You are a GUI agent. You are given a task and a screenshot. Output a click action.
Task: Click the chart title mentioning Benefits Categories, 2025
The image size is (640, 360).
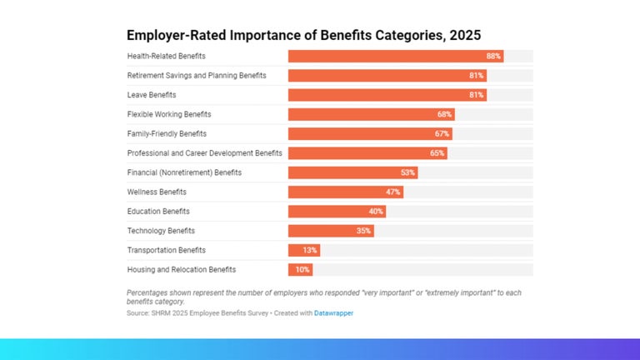tap(303, 35)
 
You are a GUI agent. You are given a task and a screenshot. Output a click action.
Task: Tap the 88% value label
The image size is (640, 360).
tap(493, 56)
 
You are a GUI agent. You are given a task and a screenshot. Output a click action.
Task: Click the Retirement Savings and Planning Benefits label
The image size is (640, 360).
tap(197, 76)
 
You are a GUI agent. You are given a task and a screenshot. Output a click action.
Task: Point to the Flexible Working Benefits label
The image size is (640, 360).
tap(169, 114)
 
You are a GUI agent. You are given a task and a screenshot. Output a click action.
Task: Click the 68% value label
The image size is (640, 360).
tap(445, 114)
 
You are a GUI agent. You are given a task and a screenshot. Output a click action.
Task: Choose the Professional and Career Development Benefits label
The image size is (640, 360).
tap(204, 153)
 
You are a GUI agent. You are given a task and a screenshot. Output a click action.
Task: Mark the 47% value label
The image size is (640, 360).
tap(393, 192)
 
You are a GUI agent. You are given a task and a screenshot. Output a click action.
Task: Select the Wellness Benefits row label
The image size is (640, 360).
tap(157, 192)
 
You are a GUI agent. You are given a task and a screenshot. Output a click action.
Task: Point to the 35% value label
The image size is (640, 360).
tap(363, 231)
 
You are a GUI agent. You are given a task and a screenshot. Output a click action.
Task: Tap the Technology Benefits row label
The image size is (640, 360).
tap(161, 231)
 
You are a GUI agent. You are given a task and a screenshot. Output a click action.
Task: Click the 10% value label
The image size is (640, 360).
tap(302, 270)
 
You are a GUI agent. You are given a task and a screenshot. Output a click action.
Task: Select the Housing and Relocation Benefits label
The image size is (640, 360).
tap(182, 270)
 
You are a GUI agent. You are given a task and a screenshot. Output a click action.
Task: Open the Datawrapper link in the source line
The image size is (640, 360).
tap(332, 313)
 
